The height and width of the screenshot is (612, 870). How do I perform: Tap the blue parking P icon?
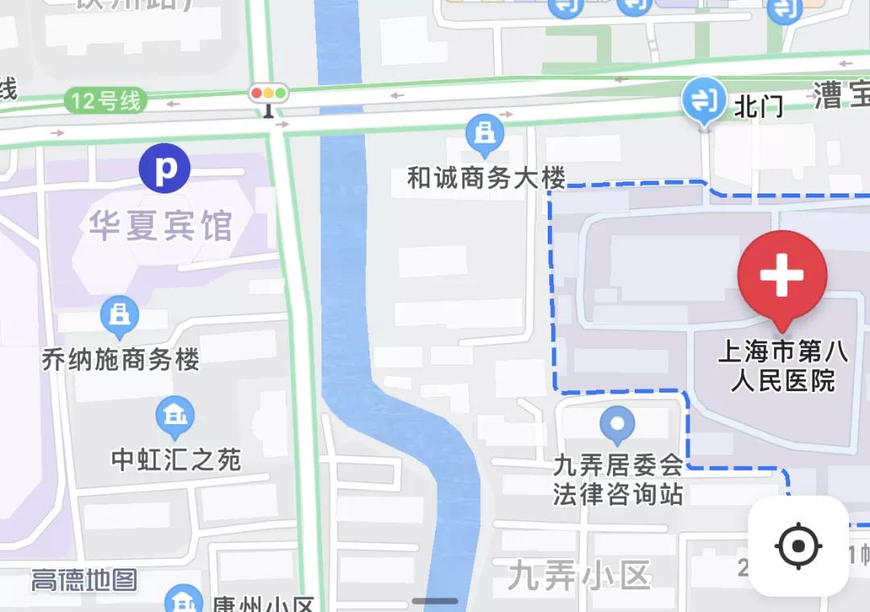tap(164, 169)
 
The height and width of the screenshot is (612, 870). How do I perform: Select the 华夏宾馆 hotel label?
tap(160, 227)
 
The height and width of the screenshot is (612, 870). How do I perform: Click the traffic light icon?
tap(269, 94)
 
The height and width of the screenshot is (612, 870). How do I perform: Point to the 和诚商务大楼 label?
tap(486, 178)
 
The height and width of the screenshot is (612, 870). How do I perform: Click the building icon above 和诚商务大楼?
tap(484, 135)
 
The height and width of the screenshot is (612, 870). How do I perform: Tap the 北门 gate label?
tap(758, 106)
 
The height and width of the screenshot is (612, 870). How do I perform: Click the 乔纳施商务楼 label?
tap(121, 359)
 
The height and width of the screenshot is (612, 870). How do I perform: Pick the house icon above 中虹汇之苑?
tap(174, 417)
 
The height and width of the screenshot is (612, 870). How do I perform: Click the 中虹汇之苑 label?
tap(176, 460)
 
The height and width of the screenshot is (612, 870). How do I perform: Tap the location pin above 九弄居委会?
tap(618, 424)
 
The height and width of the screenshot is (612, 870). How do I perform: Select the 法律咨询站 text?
tap(618, 493)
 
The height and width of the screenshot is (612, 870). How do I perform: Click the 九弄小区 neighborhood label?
tap(579, 576)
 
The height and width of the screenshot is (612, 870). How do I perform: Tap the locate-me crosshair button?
tap(798, 547)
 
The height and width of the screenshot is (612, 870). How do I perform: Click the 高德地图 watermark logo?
tap(84, 580)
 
